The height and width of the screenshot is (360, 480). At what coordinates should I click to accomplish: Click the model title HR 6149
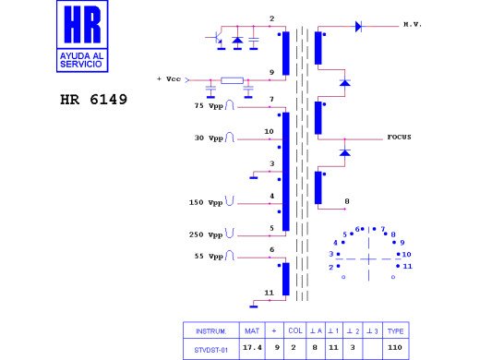[x=93, y=98]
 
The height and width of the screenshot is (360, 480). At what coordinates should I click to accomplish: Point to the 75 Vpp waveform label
[x=210, y=106]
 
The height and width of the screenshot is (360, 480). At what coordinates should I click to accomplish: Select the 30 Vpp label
[x=211, y=138]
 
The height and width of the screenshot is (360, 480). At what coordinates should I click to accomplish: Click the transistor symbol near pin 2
[x=215, y=40]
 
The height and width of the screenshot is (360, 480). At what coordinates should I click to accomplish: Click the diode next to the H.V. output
[x=358, y=27]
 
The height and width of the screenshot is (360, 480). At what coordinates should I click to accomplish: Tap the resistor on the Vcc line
[x=232, y=80]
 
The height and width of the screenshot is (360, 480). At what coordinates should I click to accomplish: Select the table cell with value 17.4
[x=252, y=348]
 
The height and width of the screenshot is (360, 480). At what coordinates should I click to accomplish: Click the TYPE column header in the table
[x=395, y=330]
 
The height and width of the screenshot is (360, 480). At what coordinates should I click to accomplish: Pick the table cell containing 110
[x=395, y=348]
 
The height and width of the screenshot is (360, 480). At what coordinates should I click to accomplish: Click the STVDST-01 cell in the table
[x=210, y=348]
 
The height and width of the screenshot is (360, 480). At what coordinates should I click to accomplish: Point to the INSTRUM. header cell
[x=210, y=330]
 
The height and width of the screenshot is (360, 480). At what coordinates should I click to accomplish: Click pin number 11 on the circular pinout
[x=406, y=266]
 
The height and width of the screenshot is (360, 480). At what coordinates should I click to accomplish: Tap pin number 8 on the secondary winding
[x=346, y=200]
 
